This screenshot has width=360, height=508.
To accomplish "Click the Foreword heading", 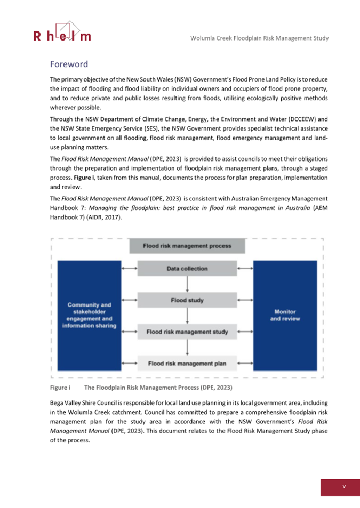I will coord(68,64).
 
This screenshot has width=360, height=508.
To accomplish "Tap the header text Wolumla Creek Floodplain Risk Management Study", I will coord(259,38).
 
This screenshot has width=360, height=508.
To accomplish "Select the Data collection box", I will coord(187,269).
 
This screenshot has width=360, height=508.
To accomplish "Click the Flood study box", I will coord(187,300).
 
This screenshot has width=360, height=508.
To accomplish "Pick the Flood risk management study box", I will coord(187,332).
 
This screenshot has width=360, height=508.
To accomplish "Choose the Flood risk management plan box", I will coord(187,364).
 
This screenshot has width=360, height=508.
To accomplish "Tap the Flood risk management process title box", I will coord(187,246).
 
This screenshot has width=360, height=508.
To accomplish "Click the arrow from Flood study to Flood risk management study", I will coord(187,316).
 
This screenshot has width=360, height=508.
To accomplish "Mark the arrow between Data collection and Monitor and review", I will coord(245,269).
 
